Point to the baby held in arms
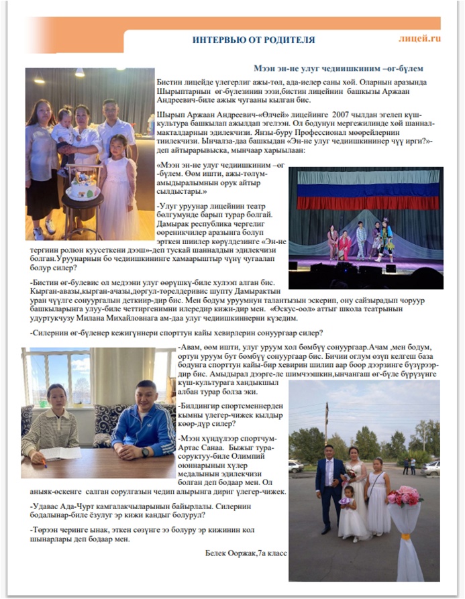pyautogui.click(x=65, y=124)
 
